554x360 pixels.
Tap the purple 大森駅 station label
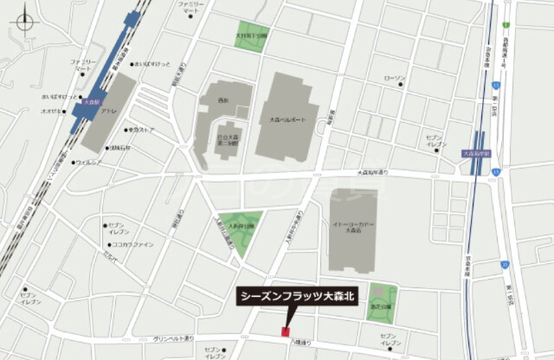[89, 102]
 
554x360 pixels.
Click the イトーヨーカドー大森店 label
[352, 226]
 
